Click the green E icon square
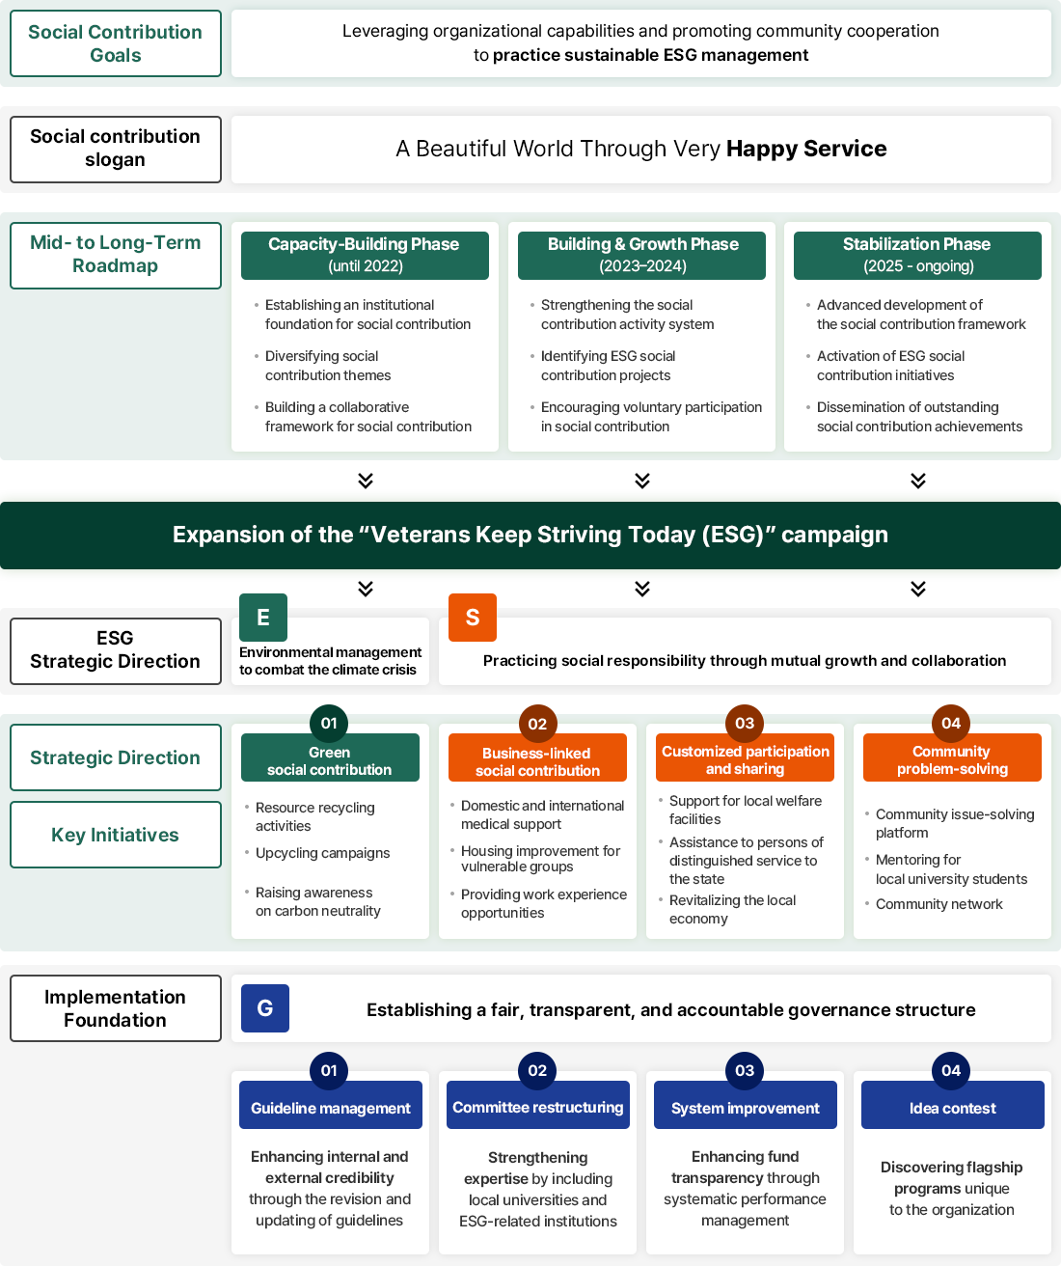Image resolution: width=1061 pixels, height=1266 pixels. pyautogui.click(x=263, y=618)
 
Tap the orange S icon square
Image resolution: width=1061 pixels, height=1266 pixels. pyautogui.click(x=473, y=618)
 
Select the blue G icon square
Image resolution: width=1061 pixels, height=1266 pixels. pyautogui.click(x=265, y=1008)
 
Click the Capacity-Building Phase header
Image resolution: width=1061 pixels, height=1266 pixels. pyautogui.click(x=365, y=255)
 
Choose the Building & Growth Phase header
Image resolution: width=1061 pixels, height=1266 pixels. pyautogui.click(x=641, y=255)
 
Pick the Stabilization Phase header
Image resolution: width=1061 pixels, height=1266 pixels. pyautogui.click(x=917, y=255)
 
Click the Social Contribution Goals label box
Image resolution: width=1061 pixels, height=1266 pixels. pyautogui.click(x=116, y=43)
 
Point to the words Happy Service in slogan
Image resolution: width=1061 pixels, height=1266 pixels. pyautogui.click(x=806, y=149)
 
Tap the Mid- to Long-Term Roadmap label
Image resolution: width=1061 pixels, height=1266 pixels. pyautogui.click(x=116, y=255)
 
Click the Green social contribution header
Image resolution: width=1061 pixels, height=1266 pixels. pyautogui.click(x=330, y=760)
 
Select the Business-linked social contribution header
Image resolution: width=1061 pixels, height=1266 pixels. pyautogui.click(x=537, y=761)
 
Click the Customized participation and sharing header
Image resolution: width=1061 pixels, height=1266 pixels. pyautogui.click(x=745, y=759)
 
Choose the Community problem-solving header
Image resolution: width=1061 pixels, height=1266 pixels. pyautogui.click(x=952, y=759)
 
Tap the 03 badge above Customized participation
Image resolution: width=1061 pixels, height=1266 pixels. pyautogui.click(x=745, y=723)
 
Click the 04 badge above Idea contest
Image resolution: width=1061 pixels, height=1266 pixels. pyautogui.click(x=951, y=1070)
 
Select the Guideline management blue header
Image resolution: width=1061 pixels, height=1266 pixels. pyautogui.click(x=331, y=1108)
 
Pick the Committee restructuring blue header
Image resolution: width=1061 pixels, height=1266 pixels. pyautogui.click(x=538, y=1107)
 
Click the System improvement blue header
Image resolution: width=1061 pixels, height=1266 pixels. pyautogui.click(x=745, y=1108)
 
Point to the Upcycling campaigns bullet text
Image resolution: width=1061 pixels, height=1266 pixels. pyautogui.click(x=322, y=853)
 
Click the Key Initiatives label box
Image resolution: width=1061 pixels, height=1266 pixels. pyautogui.click(x=116, y=835)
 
